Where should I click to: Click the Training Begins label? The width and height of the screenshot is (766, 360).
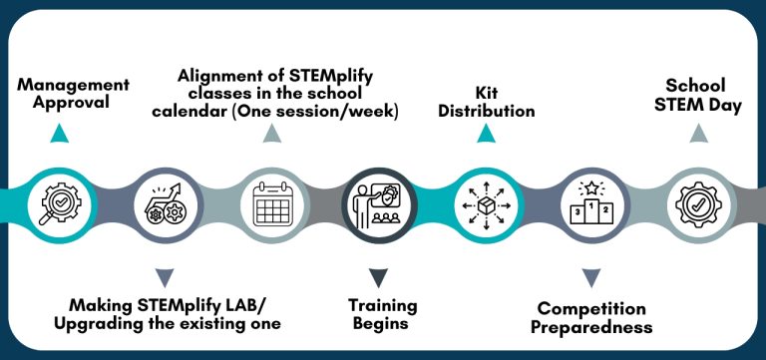coord(382,314)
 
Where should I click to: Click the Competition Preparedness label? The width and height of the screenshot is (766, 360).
coord(591,317)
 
